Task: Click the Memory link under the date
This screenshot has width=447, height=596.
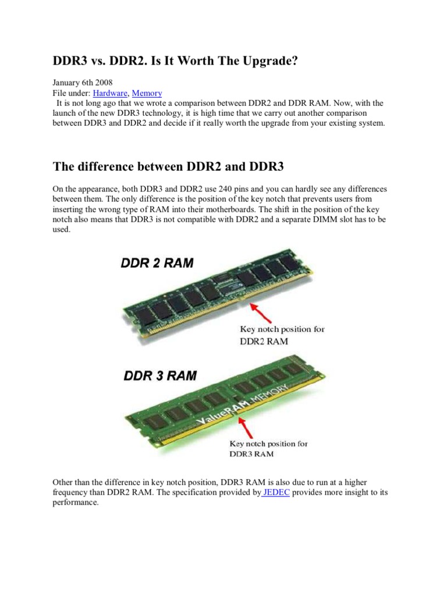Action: tap(147, 93)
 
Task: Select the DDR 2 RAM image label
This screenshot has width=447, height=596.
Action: tap(157, 263)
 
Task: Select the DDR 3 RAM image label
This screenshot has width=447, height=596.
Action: tap(159, 376)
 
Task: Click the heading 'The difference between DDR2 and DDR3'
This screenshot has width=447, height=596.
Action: tap(168, 167)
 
